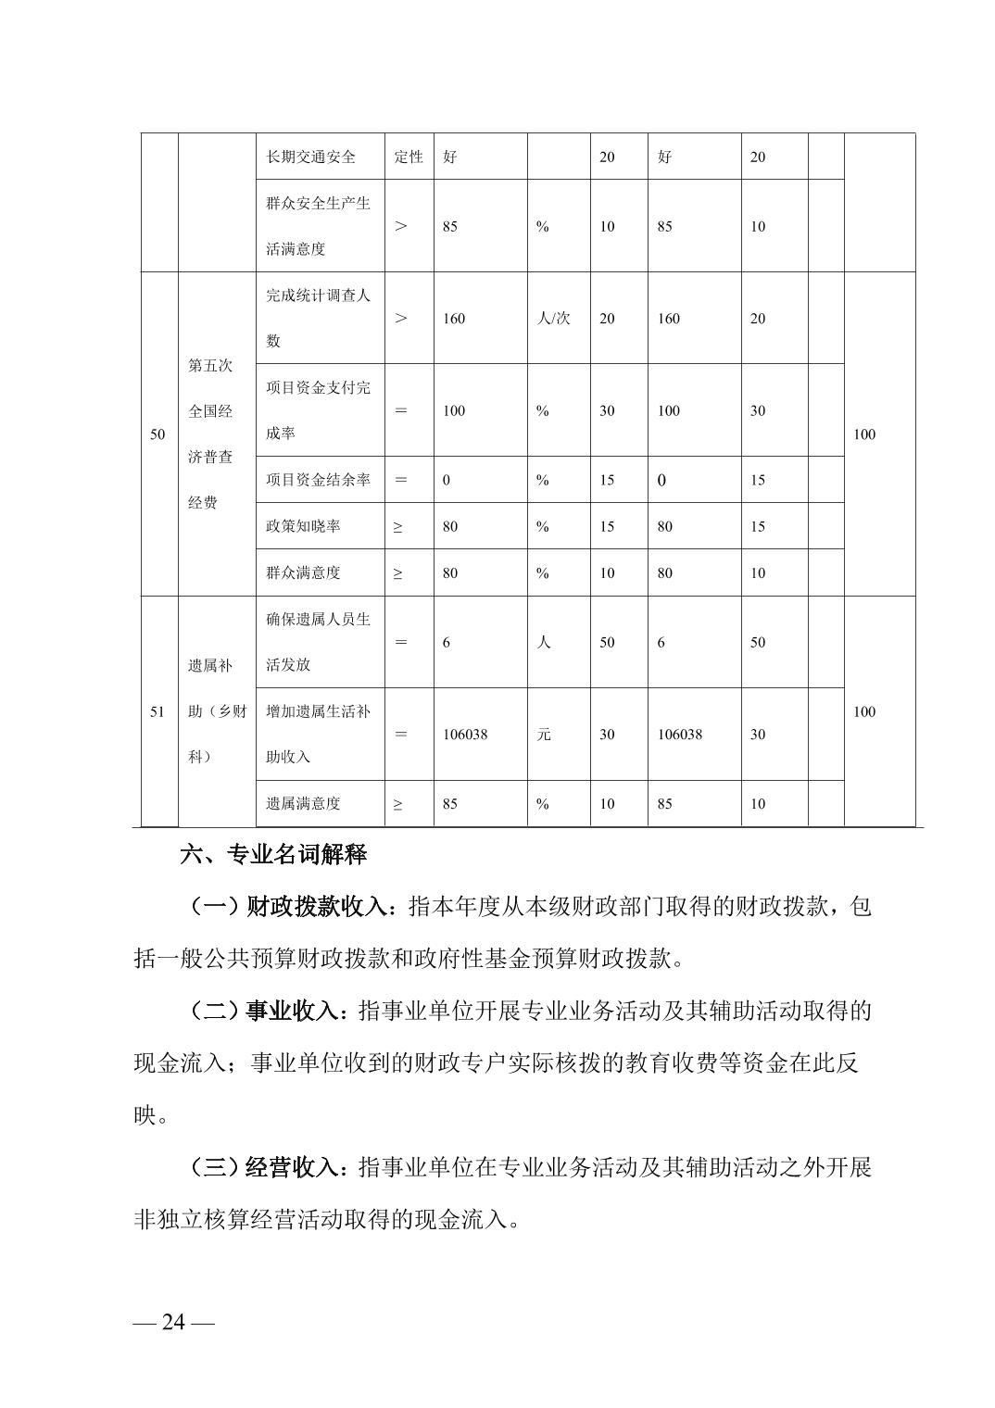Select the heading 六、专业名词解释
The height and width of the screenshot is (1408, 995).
[x=273, y=854]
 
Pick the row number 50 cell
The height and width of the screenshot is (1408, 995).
[x=157, y=434]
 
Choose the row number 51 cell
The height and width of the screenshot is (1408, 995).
[x=157, y=711]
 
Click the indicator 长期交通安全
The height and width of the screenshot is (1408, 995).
[x=310, y=157]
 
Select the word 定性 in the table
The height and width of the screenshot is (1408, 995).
[x=409, y=157]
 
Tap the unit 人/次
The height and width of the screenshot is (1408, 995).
[x=554, y=319]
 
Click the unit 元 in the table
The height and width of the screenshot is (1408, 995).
[x=544, y=735]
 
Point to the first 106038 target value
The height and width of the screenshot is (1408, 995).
[x=465, y=735]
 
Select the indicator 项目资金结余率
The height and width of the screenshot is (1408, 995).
[x=318, y=480]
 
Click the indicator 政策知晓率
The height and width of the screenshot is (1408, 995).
[x=303, y=526]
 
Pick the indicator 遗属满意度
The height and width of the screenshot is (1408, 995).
[x=303, y=804]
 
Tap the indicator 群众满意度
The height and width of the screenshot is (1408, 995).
[x=303, y=572]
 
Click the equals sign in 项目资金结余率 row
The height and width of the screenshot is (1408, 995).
[x=401, y=480]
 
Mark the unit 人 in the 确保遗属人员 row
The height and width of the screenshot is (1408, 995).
[x=544, y=642]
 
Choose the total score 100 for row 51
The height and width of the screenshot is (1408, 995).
[x=863, y=711]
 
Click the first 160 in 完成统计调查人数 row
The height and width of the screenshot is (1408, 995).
[x=454, y=319]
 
